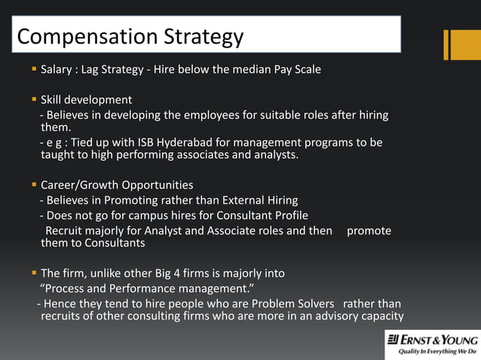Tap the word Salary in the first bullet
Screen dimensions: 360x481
pyautogui.click(x=56, y=70)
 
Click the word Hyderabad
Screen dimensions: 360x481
pyautogui.click(x=175, y=142)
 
